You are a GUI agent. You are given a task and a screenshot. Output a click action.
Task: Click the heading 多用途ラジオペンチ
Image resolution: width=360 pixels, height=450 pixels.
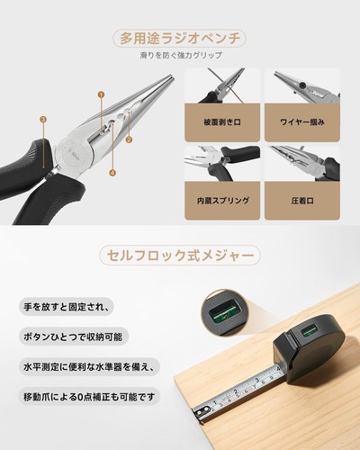[x=180, y=39]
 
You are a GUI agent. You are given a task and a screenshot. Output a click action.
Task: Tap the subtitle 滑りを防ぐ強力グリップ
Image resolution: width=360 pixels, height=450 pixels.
[x=181, y=56]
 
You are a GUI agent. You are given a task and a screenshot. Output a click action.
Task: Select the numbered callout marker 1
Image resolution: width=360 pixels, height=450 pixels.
[x=101, y=94]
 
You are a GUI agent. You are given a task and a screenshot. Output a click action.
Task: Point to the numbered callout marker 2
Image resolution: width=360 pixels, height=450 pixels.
[x=129, y=139]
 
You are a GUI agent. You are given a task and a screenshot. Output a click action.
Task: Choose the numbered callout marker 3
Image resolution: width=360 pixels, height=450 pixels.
[x=43, y=120]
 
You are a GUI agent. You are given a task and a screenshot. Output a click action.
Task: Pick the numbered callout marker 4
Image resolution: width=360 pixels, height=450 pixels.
[x=112, y=173]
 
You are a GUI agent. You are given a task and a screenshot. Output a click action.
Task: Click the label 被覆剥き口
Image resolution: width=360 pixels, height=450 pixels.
[x=222, y=122]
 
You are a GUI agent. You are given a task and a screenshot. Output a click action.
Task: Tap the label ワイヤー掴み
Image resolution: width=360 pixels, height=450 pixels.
[x=302, y=122]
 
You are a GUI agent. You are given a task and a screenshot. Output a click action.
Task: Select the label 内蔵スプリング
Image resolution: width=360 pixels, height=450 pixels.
[x=222, y=201]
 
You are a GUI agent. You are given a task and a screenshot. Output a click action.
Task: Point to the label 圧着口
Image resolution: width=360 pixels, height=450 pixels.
[x=302, y=201]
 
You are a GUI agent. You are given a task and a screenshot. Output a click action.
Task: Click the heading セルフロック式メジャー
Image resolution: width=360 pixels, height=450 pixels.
[x=180, y=256]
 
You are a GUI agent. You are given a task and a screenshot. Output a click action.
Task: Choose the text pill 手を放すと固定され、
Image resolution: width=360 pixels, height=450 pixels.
[x=67, y=307]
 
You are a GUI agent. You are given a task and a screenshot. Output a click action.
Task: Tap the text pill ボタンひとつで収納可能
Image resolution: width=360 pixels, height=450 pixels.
[x=74, y=337]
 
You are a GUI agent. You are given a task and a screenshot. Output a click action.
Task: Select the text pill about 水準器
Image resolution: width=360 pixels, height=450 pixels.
[x=89, y=366]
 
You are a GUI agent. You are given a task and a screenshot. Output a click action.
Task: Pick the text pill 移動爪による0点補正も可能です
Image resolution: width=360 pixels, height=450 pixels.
[x=89, y=397]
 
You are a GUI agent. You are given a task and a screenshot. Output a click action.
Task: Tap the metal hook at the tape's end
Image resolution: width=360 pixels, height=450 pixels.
[x=201, y=413]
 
